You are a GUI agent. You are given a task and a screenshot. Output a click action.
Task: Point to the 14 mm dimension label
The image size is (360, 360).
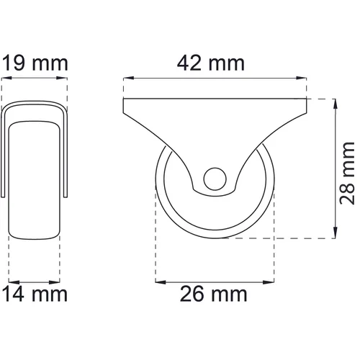point(35,294)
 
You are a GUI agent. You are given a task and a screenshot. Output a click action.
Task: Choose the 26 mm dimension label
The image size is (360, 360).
point(215,294)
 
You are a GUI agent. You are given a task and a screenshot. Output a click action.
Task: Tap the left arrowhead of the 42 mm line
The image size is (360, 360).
point(127,78)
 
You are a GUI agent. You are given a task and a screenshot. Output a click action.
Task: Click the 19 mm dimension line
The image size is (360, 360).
point(35,78)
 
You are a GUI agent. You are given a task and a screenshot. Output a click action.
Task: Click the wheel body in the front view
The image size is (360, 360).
point(35,180)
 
